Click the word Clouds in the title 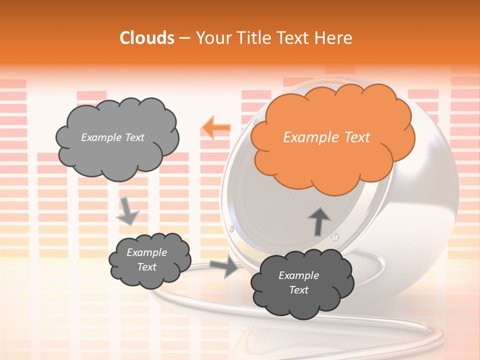(147, 38)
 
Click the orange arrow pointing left (216, 128)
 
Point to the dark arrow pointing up (318, 220)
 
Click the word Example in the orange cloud (308, 137)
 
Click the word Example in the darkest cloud (298, 275)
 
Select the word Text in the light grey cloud (133, 137)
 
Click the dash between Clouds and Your (184, 38)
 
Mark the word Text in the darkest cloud (298, 290)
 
